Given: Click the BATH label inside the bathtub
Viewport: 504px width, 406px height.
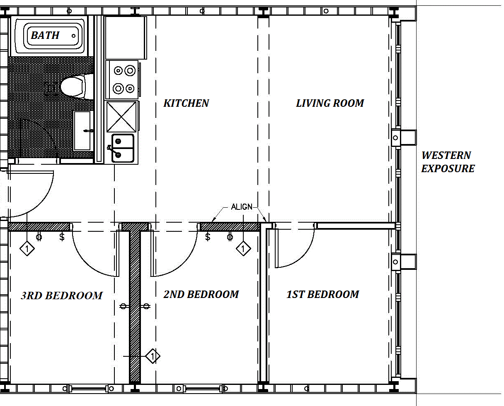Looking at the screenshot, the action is (x=45, y=35).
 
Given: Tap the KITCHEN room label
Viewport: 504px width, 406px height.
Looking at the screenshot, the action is (x=186, y=103).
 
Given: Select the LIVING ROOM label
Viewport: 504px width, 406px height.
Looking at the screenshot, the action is (x=330, y=103).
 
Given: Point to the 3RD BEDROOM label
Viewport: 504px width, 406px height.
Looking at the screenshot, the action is (x=62, y=295).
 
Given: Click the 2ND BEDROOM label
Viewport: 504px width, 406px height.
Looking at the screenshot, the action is (x=201, y=294).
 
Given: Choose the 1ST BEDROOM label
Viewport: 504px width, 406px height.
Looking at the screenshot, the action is (x=323, y=294).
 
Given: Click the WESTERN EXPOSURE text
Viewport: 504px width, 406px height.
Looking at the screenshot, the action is (x=448, y=162).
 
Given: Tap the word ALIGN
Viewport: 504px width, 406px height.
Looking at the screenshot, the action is (x=242, y=207).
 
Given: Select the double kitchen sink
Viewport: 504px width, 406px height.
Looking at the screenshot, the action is (x=123, y=148).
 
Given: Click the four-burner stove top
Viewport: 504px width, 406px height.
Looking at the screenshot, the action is (x=122, y=79).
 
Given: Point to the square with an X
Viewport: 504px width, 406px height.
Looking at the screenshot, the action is (x=121, y=116).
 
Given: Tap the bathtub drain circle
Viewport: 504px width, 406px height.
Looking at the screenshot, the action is (x=73, y=36).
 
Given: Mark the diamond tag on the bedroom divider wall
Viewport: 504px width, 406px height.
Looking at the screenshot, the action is (x=153, y=356).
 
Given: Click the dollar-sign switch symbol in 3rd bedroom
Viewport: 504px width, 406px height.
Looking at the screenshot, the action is (x=62, y=237).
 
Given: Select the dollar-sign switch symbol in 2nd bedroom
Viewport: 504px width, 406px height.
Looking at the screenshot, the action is (x=208, y=237).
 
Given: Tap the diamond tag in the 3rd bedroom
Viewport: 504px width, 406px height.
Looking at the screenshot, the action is (x=27, y=248).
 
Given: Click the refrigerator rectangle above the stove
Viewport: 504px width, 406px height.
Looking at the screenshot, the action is (x=126, y=37).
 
